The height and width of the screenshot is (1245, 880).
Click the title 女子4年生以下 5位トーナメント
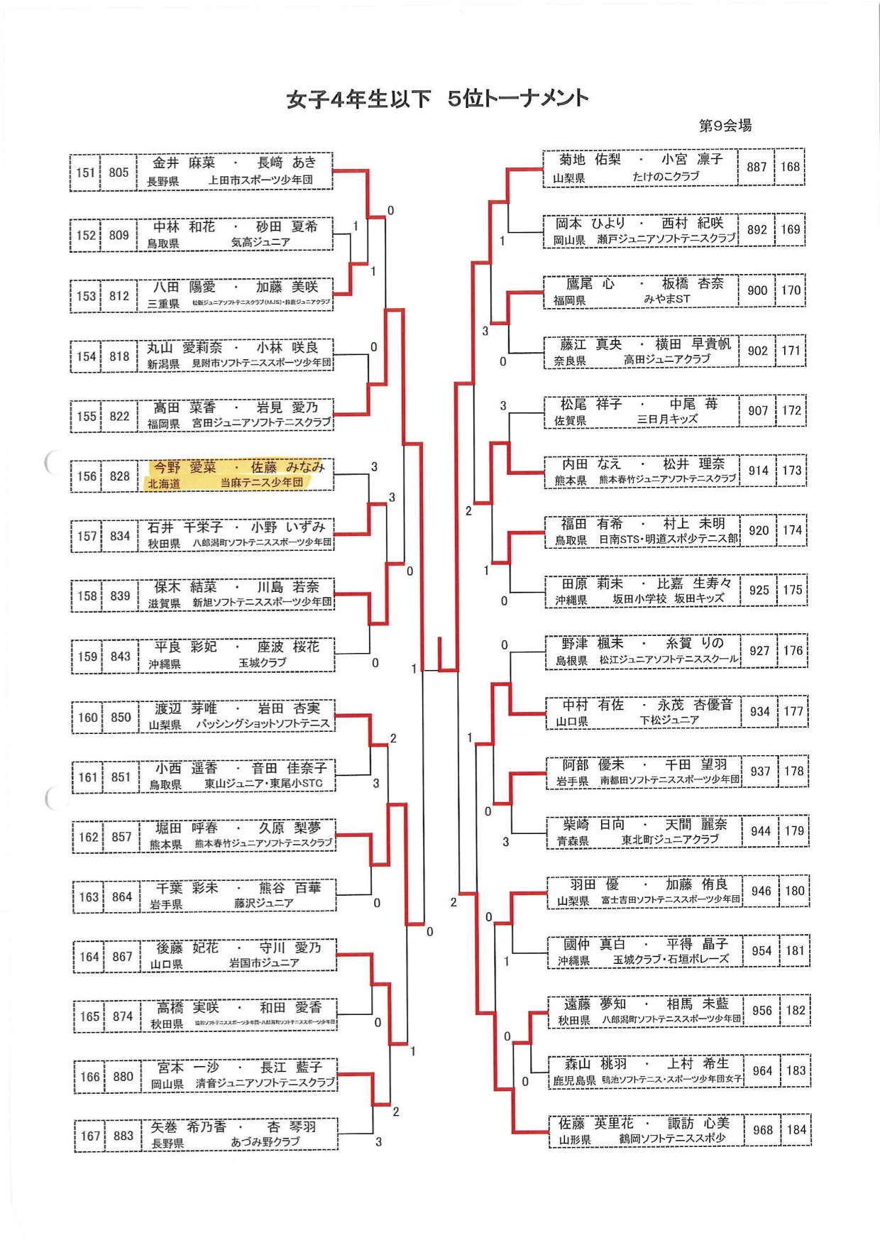coord(437,99)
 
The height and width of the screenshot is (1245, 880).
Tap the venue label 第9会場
coord(725,126)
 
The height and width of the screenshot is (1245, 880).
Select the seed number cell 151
coord(86,172)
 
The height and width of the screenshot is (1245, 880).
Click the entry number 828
coord(119,476)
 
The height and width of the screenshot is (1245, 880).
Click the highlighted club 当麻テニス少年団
coord(261,483)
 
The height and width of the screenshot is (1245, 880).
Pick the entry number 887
coord(757,167)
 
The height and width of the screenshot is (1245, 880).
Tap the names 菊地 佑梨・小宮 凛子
coord(641,160)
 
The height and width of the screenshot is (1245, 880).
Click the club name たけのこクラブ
coord(666,177)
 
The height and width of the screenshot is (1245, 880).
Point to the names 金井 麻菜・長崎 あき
coord(234,163)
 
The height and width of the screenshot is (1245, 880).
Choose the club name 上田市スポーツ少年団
coord(260,180)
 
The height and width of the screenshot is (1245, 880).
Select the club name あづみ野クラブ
coord(265,1142)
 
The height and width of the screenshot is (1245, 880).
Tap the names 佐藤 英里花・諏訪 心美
coord(644,1123)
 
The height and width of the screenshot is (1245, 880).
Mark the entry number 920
coord(759,530)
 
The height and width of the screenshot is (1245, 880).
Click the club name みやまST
coord(666,300)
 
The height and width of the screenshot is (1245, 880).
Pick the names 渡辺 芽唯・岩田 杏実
coord(238,708)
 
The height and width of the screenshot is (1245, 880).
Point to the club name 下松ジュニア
coord(669,720)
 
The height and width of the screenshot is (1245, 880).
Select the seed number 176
coord(793,650)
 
